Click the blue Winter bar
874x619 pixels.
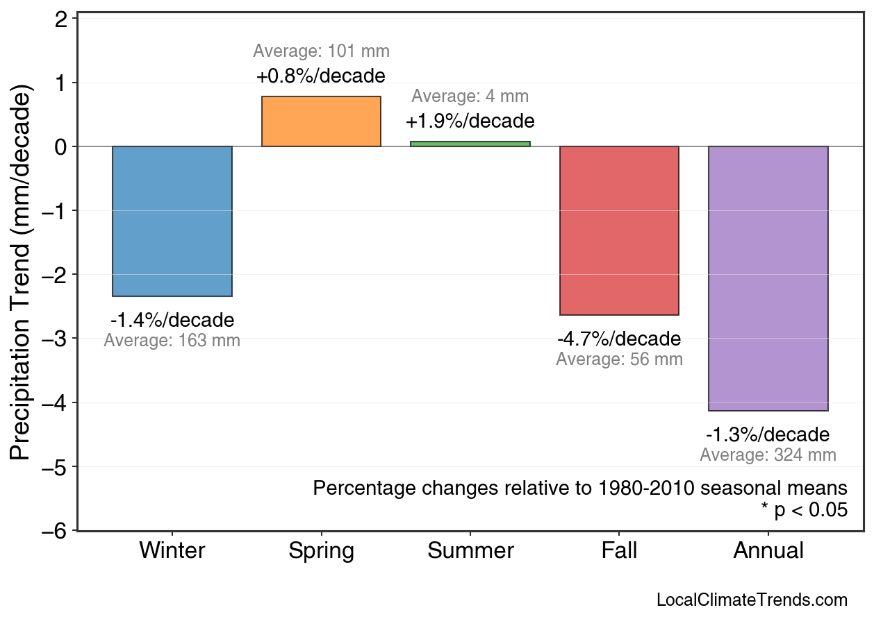172,221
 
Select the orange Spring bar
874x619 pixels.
321,121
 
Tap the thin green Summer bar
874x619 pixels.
470,144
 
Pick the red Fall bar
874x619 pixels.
619,230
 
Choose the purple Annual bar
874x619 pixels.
768,278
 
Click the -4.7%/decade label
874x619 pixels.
619,339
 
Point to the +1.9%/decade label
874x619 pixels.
470,121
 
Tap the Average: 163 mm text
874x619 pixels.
172,341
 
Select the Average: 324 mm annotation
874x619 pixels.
768,455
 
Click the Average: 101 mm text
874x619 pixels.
321,51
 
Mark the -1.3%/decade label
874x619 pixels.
768,435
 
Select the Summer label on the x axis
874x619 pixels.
470,551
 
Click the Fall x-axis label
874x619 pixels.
619,551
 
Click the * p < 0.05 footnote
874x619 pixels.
804,510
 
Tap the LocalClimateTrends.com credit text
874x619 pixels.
752,600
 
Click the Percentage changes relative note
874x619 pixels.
580,488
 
